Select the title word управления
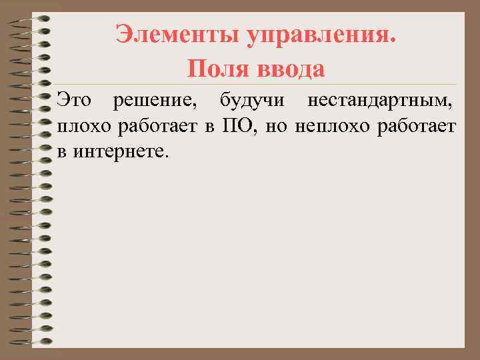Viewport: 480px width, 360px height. [323, 34]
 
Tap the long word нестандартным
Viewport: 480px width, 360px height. [382, 102]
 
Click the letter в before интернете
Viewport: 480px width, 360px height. [62, 151]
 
